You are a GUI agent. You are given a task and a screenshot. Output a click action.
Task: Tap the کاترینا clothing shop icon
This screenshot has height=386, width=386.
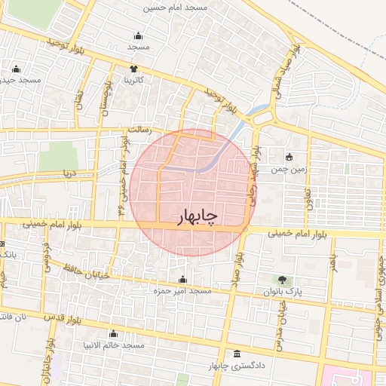coord(134,69)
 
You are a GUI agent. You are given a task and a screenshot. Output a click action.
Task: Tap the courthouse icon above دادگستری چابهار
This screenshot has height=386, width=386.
coord(237,354)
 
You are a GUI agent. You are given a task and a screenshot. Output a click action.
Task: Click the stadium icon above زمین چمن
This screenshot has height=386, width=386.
coord(290,158)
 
